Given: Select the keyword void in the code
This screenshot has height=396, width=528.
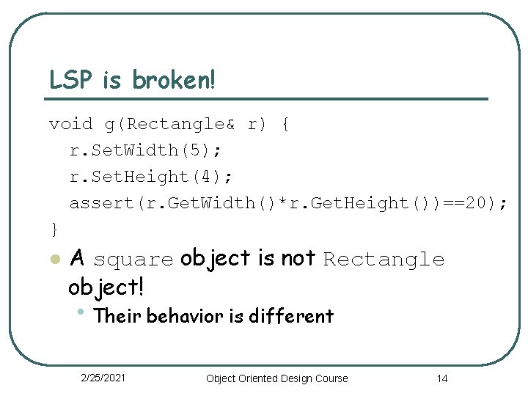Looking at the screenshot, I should click(x=70, y=124).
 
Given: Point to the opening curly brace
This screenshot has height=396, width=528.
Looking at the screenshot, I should click(x=285, y=124).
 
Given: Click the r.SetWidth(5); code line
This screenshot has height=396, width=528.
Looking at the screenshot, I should click(x=145, y=150).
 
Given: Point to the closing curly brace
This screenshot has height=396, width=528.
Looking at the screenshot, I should click(x=54, y=230).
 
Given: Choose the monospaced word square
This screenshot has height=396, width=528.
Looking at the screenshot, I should click(x=133, y=260).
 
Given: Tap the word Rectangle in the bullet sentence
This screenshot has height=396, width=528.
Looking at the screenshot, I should click(x=384, y=260).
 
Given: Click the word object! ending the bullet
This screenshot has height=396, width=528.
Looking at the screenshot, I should click(x=106, y=286).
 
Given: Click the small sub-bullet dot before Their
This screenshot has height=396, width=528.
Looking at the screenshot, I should click(x=81, y=313).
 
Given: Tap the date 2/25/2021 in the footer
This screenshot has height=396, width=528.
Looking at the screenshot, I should click(x=103, y=378).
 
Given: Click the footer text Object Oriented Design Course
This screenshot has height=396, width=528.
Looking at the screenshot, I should click(x=277, y=378).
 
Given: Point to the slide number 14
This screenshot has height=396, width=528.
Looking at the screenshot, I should click(x=441, y=378).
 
